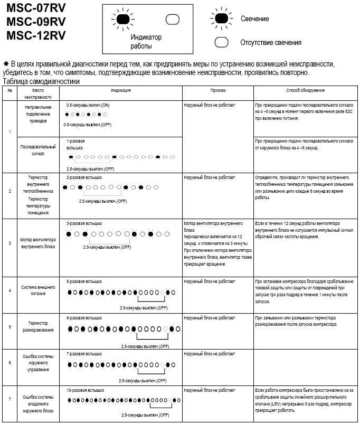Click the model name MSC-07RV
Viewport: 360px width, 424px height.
click(36, 10)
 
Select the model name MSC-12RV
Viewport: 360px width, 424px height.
click(36, 36)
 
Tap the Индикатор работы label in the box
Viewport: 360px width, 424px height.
click(146, 41)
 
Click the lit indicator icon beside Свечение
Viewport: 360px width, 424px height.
click(222, 19)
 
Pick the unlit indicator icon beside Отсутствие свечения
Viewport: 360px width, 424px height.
click(222, 42)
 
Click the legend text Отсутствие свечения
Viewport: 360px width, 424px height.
click(271, 42)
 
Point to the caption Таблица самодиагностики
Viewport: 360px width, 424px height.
click(41, 82)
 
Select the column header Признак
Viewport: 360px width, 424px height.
click(217, 90)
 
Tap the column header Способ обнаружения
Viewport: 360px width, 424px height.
click(305, 90)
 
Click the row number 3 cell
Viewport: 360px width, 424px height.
click(10, 243)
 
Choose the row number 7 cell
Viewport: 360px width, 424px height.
click(10, 400)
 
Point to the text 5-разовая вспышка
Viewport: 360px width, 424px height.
click(84, 281)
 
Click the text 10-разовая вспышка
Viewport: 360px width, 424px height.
click(85, 390)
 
